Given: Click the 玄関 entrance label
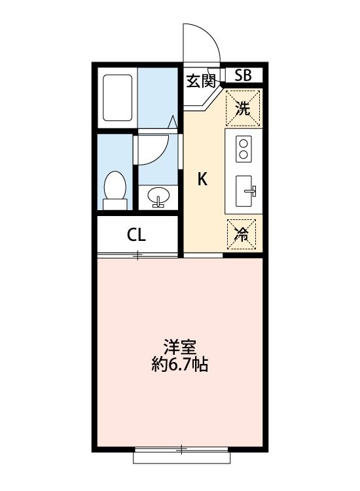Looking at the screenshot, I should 201,81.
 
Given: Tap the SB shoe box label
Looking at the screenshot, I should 243,75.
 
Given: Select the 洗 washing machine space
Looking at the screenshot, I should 243,108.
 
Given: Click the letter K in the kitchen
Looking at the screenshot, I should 203,179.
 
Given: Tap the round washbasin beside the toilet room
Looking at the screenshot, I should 158,195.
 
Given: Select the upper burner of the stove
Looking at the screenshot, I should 243,143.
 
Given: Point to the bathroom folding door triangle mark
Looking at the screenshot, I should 172,122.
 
